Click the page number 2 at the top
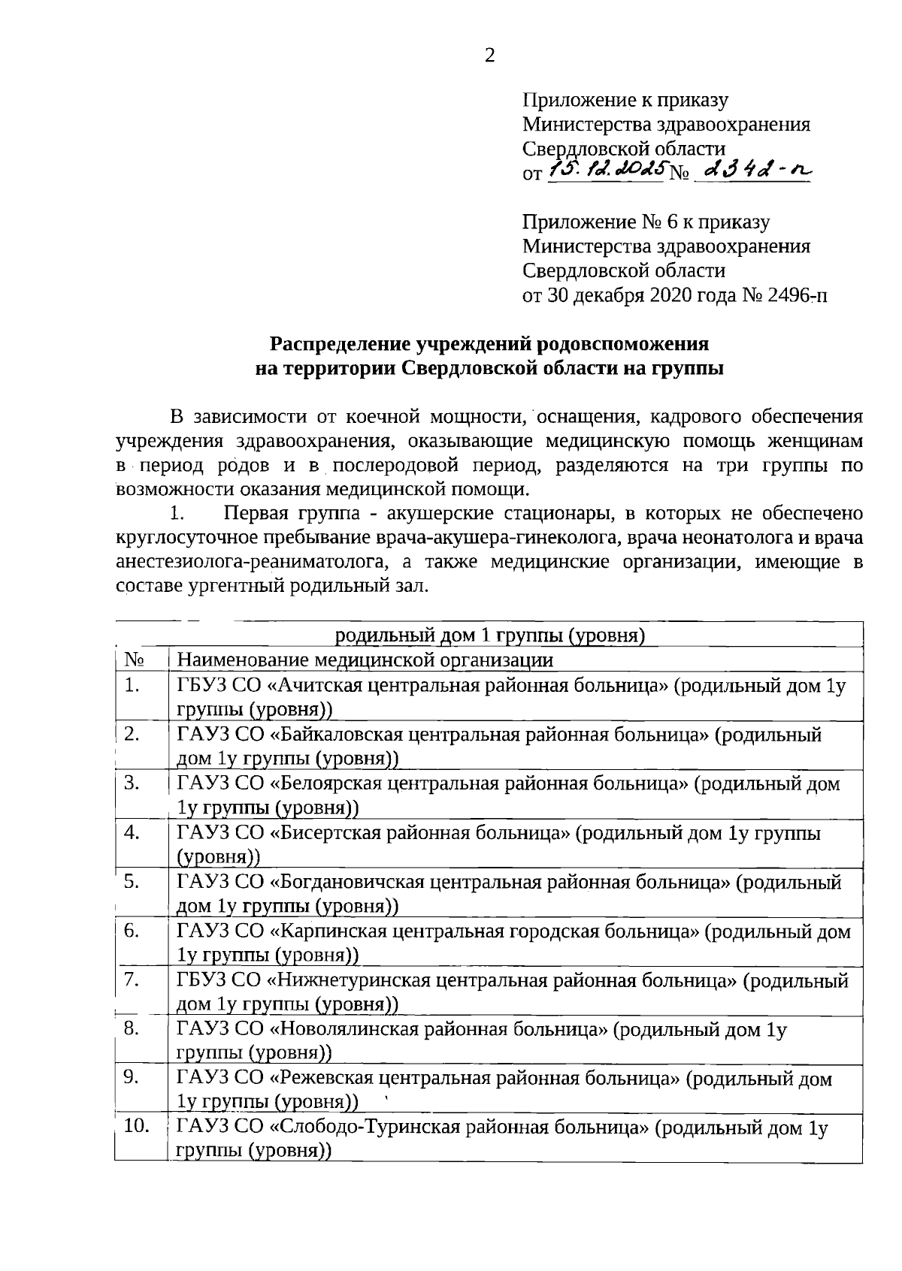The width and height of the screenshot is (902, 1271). tap(489, 56)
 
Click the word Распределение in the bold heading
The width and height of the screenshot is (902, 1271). tap(341, 344)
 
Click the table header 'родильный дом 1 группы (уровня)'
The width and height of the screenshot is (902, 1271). tap(490, 635)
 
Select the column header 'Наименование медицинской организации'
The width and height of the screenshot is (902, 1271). tap(365, 660)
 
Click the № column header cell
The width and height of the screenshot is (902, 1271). tap(135, 660)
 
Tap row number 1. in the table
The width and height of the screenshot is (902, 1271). tap(133, 685)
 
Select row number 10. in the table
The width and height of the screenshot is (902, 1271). tap(137, 1127)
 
